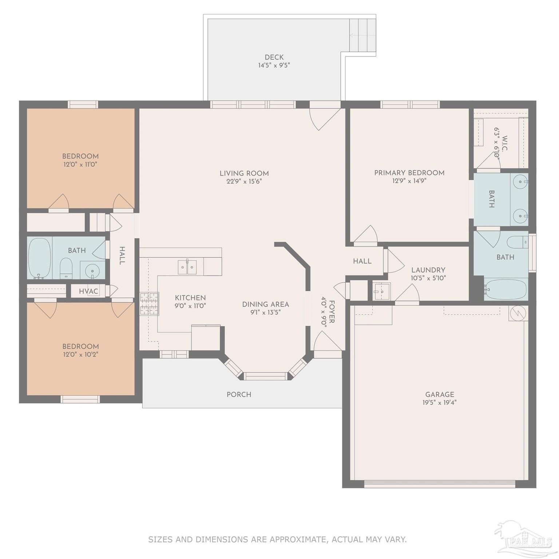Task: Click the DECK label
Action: (x=274, y=57)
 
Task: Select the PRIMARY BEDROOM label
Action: (x=409, y=173)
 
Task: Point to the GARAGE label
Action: (x=440, y=395)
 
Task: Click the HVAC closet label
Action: (x=88, y=292)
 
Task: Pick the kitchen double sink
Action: (x=187, y=267)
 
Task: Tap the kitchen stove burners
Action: (x=150, y=304)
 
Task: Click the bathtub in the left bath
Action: (x=39, y=258)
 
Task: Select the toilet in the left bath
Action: (x=66, y=268)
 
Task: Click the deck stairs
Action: (x=362, y=35)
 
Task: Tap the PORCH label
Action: (x=239, y=395)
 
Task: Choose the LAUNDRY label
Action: (x=428, y=270)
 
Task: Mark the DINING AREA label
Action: (x=265, y=304)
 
